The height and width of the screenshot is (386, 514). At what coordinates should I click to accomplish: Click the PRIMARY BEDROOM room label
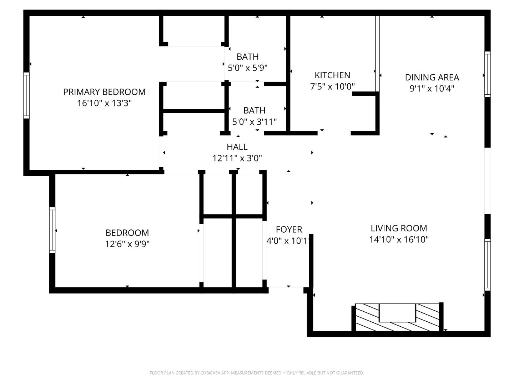pos(104,92)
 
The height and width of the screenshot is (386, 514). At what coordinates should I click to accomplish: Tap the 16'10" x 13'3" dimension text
pos(104,103)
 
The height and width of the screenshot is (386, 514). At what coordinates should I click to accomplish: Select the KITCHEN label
pos(332,75)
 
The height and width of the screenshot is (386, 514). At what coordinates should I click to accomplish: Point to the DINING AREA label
pos(432,77)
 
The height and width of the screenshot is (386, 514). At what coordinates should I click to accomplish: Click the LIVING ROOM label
pos(399,228)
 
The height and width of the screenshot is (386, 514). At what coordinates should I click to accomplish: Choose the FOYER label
pos(289,229)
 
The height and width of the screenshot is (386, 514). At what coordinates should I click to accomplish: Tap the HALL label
pos(237,147)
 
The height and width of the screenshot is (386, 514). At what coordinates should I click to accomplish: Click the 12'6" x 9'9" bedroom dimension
pos(127,244)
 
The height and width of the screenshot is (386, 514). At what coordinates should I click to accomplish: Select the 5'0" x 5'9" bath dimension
pos(248,68)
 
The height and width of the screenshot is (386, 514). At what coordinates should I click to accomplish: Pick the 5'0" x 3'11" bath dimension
pos(254,122)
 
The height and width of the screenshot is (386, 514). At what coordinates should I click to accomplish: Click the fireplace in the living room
pos(397,317)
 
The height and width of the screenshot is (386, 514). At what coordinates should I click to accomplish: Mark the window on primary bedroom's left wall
pos(26,95)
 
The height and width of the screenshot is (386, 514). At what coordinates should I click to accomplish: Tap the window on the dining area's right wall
pos(487,74)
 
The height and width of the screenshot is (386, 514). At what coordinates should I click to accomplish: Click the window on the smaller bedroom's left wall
pos(52,230)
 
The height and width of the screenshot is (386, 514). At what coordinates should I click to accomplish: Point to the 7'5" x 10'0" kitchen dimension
pos(332,86)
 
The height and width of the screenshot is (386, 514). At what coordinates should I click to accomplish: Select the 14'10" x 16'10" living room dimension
pos(399,239)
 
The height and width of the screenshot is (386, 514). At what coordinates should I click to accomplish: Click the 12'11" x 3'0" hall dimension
pos(237,158)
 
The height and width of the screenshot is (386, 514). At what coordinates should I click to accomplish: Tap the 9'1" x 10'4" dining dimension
pos(432,89)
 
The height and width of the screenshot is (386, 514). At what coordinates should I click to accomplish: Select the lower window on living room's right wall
pos(487,264)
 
